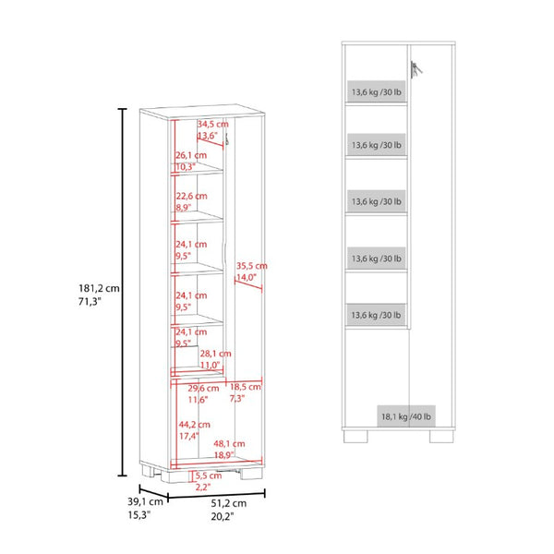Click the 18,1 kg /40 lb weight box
(x=406, y=416)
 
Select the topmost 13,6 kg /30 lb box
(x=377, y=91)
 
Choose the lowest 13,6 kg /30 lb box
(x=377, y=315)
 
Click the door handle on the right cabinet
(x=415, y=70)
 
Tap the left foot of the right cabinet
(x=355, y=437)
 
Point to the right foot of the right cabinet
(x=441, y=437)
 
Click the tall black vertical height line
(x=122, y=292)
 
